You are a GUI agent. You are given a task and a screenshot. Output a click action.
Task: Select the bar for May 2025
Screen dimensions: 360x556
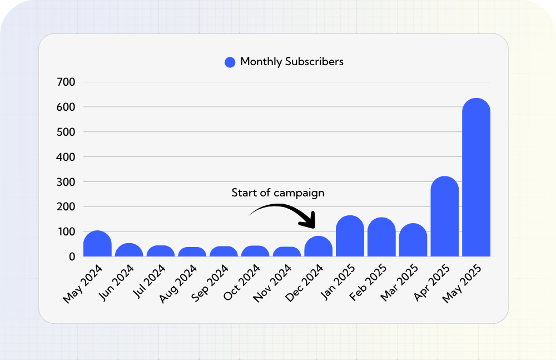click(476, 178)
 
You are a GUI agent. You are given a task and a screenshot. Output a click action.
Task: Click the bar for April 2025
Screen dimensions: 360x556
click(445, 217)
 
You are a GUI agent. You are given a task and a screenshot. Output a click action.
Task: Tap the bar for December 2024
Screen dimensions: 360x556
click(319, 247)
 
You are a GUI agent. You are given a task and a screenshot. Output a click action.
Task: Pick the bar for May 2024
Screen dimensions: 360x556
click(98, 244)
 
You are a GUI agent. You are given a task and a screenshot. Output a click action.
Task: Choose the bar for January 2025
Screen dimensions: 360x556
click(350, 236)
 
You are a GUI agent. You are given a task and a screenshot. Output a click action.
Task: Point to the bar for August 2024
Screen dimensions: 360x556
click(192, 252)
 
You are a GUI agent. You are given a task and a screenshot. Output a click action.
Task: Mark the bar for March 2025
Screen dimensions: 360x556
click(413, 240)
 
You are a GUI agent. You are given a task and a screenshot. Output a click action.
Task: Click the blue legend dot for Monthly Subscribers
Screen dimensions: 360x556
click(230, 62)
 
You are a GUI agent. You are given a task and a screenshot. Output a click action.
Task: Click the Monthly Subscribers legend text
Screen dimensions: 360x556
click(291, 62)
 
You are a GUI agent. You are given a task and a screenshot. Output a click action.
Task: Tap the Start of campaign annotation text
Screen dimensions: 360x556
click(277, 193)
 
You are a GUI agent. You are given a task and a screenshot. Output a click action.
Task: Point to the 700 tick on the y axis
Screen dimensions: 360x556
click(66, 82)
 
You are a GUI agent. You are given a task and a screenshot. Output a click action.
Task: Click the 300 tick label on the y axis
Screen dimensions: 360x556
click(66, 182)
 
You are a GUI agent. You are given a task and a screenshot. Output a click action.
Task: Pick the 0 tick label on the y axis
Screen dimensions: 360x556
click(72, 257)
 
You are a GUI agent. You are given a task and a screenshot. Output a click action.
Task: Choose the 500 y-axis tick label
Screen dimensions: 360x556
click(66, 132)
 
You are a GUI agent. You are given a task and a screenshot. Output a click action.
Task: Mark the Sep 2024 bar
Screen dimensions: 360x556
click(224, 251)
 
